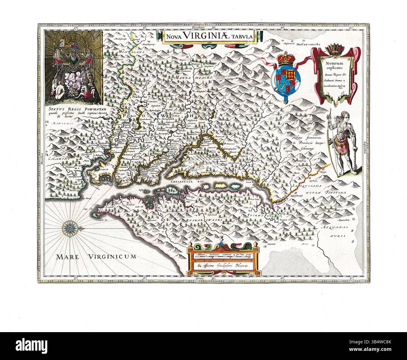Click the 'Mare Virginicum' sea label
(x=96, y=257)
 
